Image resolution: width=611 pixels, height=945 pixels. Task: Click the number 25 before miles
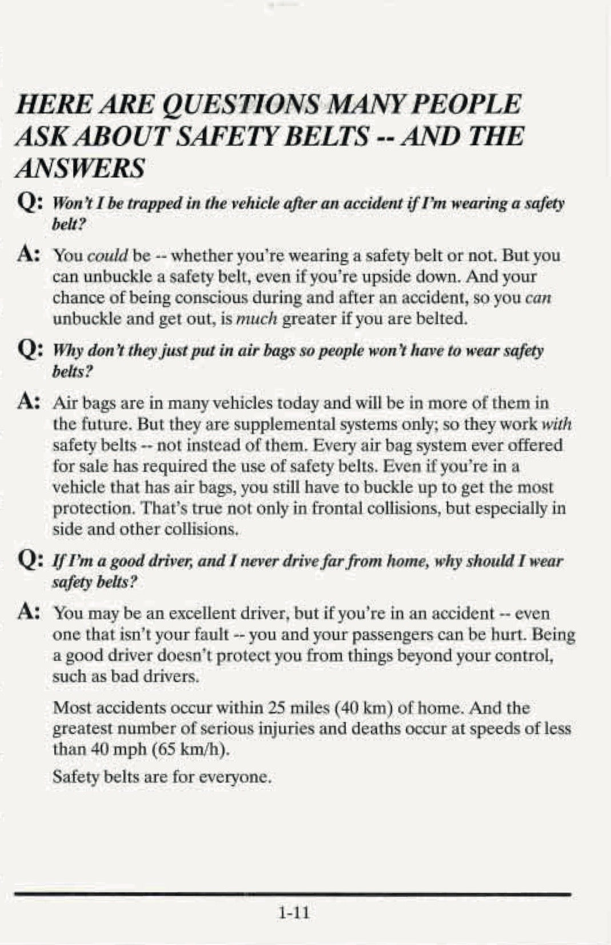[277, 708]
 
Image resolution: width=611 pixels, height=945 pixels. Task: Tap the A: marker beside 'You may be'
[29, 612]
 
